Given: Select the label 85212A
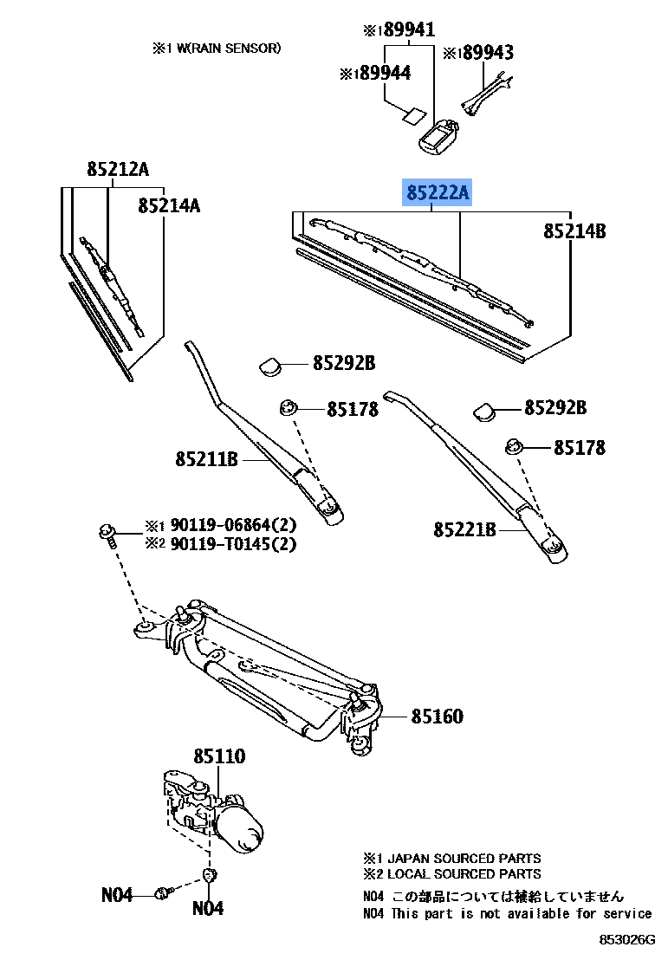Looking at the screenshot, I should click(118, 170).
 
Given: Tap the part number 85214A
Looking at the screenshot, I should click(169, 205).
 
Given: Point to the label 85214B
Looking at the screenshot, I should click(574, 231).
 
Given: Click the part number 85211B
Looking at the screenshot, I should click(206, 459).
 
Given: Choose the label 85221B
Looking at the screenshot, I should click(464, 529).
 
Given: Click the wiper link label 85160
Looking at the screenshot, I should click(437, 717).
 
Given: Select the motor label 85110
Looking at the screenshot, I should click(218, 756).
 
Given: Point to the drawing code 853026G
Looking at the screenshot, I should click(625, 940).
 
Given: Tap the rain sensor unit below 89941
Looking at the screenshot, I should click(440, 134).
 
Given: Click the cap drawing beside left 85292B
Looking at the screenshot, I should click(273, 366).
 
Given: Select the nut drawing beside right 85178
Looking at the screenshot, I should click(515, 447).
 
